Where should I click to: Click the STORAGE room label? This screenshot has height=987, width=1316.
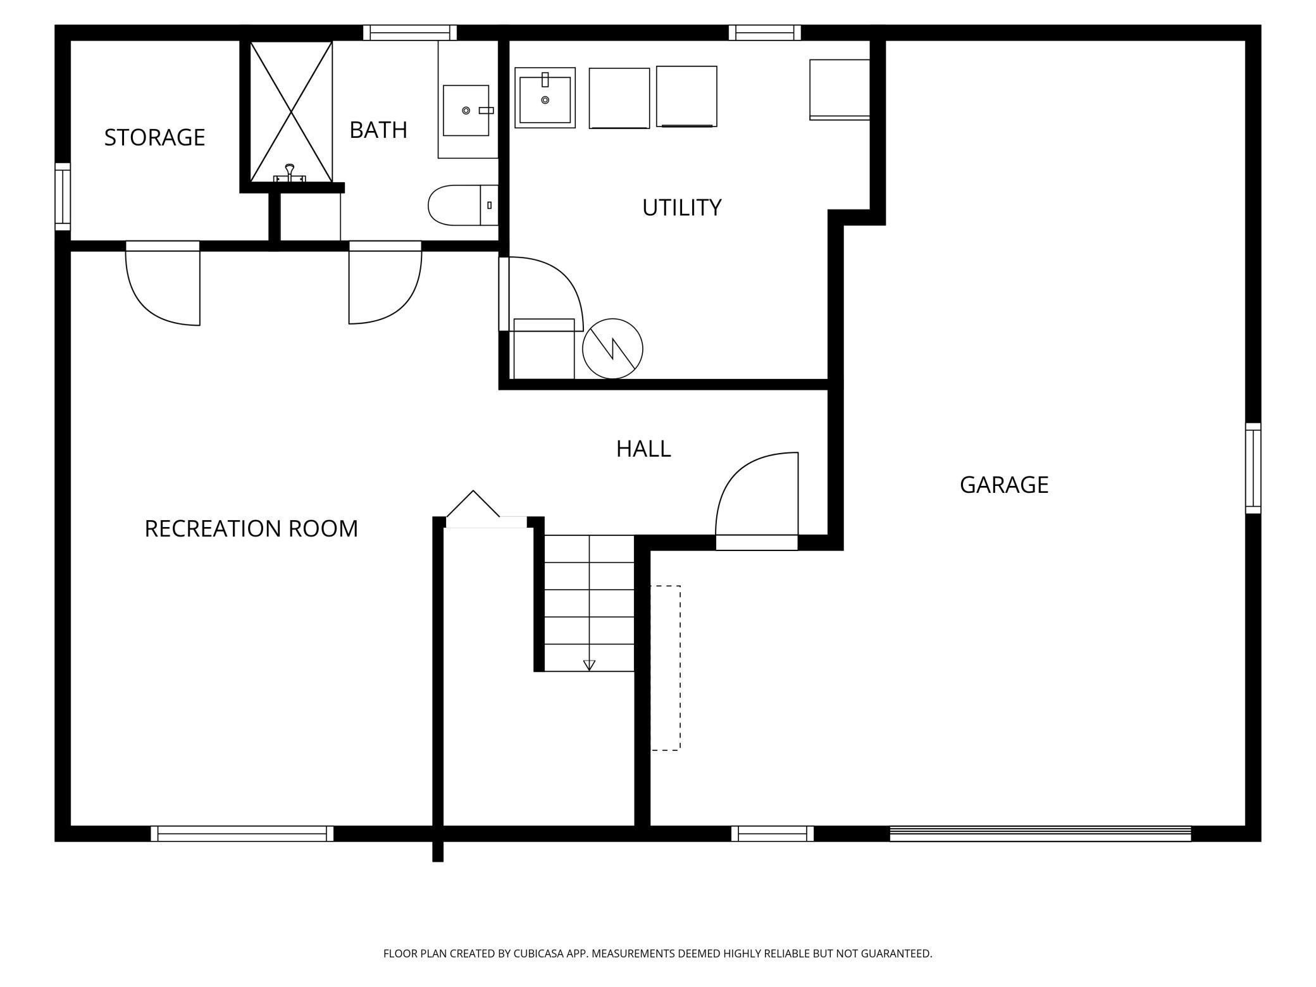[154, 137]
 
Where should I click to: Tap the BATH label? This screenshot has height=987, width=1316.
[378, 130]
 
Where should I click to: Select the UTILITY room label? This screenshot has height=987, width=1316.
[681, 208]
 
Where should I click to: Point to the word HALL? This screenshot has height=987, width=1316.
[643, 449]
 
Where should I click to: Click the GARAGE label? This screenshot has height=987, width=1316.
[1003, 485]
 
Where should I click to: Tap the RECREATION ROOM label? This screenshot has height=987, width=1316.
[251, 528]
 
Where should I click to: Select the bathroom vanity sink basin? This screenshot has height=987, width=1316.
[466, 111]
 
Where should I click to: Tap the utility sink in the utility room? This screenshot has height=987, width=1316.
[545, 99]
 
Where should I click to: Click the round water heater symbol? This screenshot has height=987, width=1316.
[612, 349]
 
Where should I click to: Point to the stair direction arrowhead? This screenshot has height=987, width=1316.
[589, 665]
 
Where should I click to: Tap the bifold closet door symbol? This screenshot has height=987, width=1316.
[473, 504]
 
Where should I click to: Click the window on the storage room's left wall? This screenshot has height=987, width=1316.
[63, 196]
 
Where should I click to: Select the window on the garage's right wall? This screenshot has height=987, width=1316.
[1253, 468]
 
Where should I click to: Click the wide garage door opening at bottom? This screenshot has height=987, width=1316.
[1040, 834]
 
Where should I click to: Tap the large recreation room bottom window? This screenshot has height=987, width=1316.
[242, 833]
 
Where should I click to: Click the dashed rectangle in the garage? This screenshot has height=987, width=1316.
[666, 667]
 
